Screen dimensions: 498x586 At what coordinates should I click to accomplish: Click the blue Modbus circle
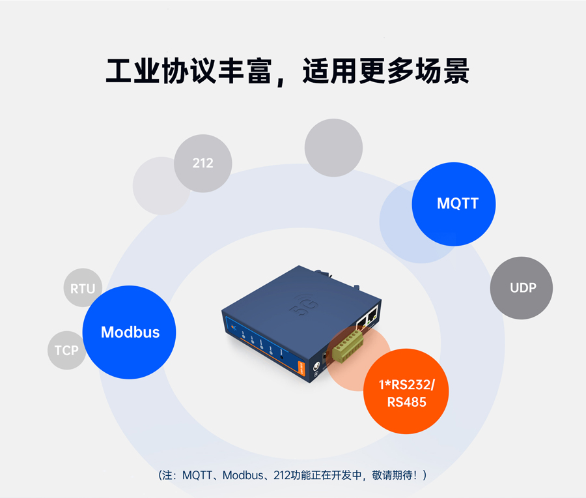click(130, 332)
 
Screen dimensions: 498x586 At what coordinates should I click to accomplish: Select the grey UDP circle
click(522, 287)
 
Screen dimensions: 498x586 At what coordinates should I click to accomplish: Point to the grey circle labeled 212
click(202, 163)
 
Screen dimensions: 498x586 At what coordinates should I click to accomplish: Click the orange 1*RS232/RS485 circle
click(406, 392)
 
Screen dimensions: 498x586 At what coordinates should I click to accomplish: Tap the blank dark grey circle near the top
click(333, 147)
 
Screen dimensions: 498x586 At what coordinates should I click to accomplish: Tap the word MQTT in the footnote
click(196, 475)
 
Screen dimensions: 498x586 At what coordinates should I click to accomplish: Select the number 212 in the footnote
click(290, 475)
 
